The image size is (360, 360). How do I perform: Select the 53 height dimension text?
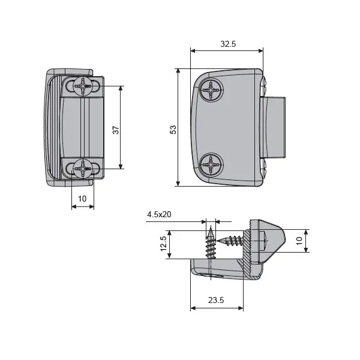(173, 129)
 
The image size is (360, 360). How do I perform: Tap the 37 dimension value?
(115, 128)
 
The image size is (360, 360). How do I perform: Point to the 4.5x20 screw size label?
(159, 214)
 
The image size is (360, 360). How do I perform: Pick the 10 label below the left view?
(82, 199)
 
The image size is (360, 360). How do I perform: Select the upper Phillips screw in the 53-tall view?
(212, 92)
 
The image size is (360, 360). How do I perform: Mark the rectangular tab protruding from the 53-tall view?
(274, 126)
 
